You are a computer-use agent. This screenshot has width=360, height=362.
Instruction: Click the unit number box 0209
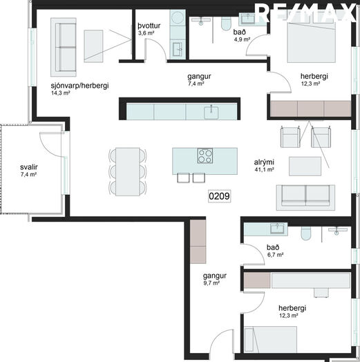(x=219, y=196)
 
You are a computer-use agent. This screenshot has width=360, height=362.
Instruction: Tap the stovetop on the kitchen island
(x=205, y=155)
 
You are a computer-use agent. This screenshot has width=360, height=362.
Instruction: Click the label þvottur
(x=149, y=26)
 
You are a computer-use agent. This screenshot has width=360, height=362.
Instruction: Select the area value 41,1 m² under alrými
(x=264, y=169)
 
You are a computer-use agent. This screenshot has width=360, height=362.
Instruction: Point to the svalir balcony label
(x=29, y=167)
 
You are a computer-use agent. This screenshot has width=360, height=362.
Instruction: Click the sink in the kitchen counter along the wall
(x=211, y=112)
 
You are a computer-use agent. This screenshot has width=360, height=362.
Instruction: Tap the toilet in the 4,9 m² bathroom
(x=226, y=23)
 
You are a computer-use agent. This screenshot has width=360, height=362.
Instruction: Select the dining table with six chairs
(x=127, y=172)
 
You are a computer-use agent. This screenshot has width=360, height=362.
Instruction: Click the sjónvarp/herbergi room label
(x=79, y=86)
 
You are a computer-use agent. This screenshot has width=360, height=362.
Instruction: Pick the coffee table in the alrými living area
(x=305, y=166)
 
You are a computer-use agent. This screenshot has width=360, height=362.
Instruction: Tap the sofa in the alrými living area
(x=305, y=198)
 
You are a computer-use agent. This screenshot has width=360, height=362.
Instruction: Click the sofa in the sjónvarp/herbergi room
(x=64, y=48)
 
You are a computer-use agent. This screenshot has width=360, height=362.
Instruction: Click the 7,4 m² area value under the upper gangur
(x=196, y=84)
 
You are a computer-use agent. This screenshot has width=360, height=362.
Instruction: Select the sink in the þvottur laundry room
(x=178, y=49)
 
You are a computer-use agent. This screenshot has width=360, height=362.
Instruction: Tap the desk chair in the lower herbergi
(x=321, y=292)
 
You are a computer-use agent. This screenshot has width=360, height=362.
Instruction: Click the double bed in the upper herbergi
(x=311, y=39)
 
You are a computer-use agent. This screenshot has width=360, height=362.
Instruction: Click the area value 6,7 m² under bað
(x=275, y=255)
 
